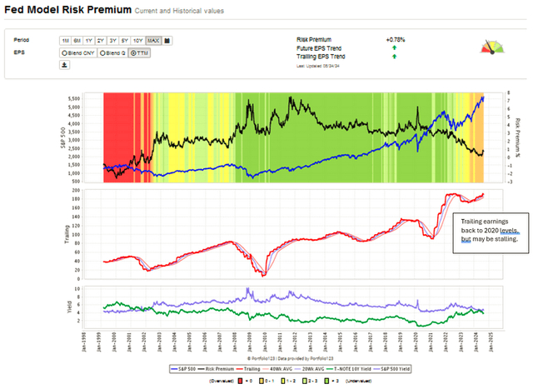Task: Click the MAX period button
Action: [x=153, y=40]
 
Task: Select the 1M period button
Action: [x=65, y=40]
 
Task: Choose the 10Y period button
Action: [x=138, y=40]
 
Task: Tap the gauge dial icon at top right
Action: [x=494, y=48]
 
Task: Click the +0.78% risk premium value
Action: [x=395, y=39]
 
